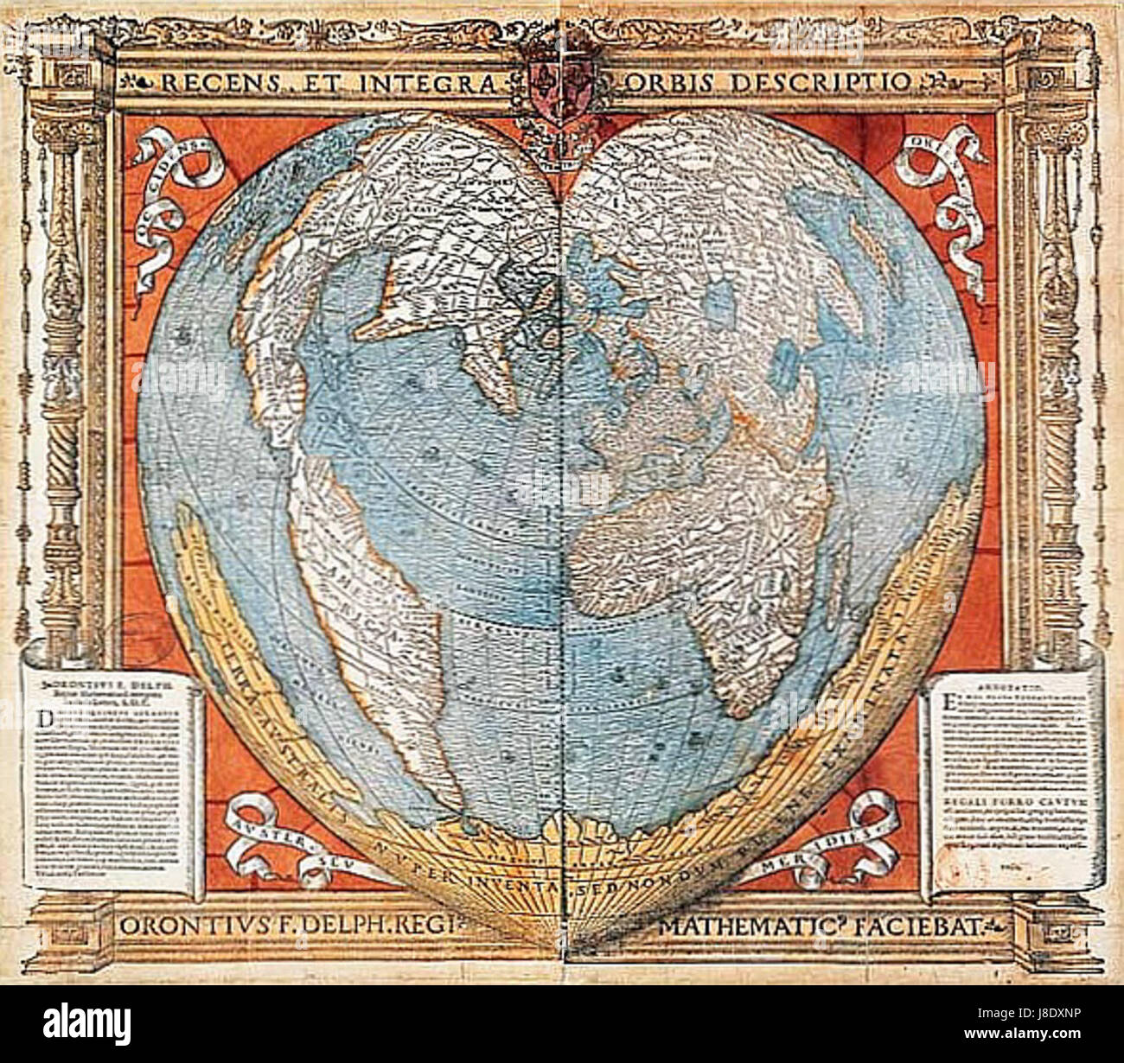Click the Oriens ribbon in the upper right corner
pyautogui.click(x=942, y=181)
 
